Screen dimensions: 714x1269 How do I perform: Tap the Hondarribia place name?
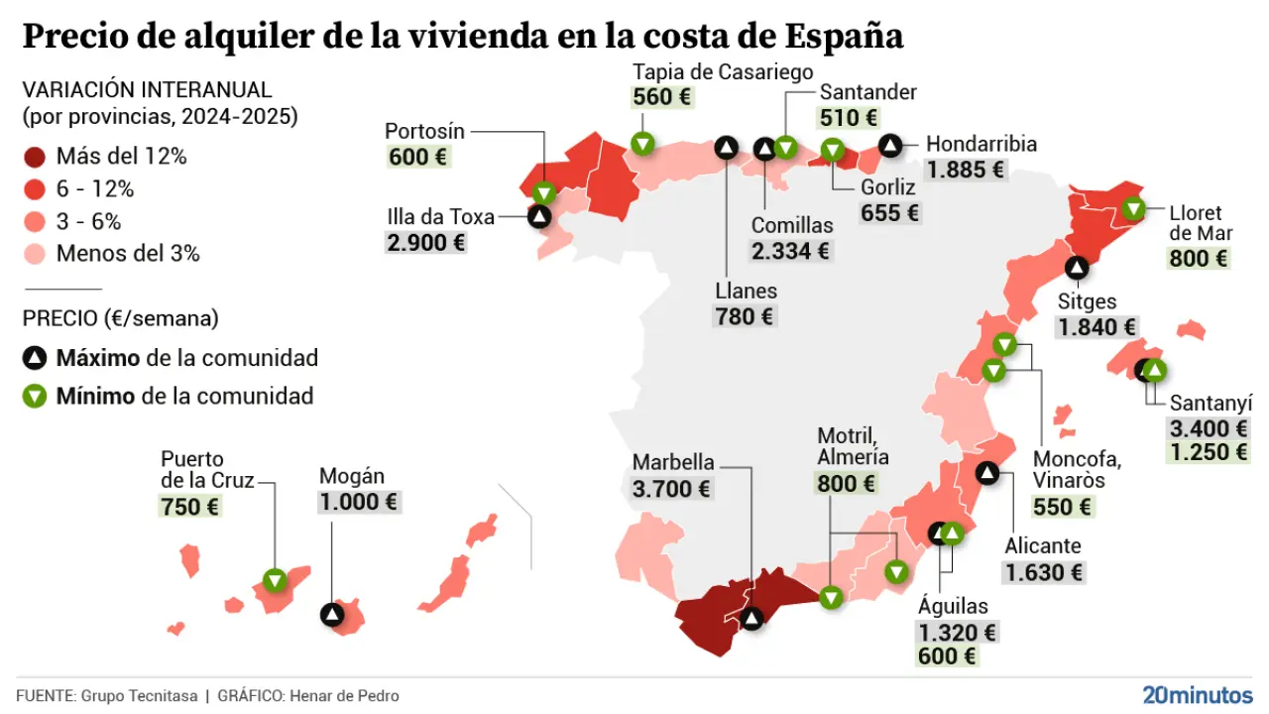pyautogui.click(x=981, y=145)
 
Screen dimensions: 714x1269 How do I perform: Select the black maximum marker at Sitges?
pyautogui.click(x=1077, y=267)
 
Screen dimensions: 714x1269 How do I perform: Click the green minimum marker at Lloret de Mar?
pyautogui.click(x=1133, y=209)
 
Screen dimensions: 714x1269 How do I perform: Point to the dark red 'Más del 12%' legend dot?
pyautogui.click(x=36, y=157)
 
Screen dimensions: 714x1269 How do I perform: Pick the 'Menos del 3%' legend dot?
pyautogui.click(x=36, y=254)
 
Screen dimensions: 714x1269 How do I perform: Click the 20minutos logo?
pyautogui.click(x=1197, y=695)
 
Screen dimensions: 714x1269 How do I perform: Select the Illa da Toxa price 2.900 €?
pyautogui.click(x=425, y=242)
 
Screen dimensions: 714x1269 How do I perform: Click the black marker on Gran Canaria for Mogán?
pyautogui.click(x=333, y=615)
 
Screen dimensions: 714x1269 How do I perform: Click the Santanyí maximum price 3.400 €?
pyautogui.click(x=1209, y=428)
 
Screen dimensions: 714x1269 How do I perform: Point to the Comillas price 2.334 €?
pyautogui.click(x=790, y=250)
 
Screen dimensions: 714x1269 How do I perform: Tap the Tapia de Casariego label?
pyautogui.click(x=723, y=72)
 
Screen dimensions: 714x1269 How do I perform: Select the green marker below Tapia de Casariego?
pyautogui.click(x=642, y=144)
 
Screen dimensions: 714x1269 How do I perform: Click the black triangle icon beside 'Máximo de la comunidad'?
pyautogui.click(x=36, y=358)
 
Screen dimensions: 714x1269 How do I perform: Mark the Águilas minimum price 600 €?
pyautogui.click(x=948, y=656)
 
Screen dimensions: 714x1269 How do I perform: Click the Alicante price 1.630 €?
pyautogui.click(x=1044, y=572)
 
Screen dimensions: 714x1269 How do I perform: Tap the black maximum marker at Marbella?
pyautogui.click(x=751, y=619)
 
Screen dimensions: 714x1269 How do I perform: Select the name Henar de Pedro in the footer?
pyautogui.click(x=344, y=696)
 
